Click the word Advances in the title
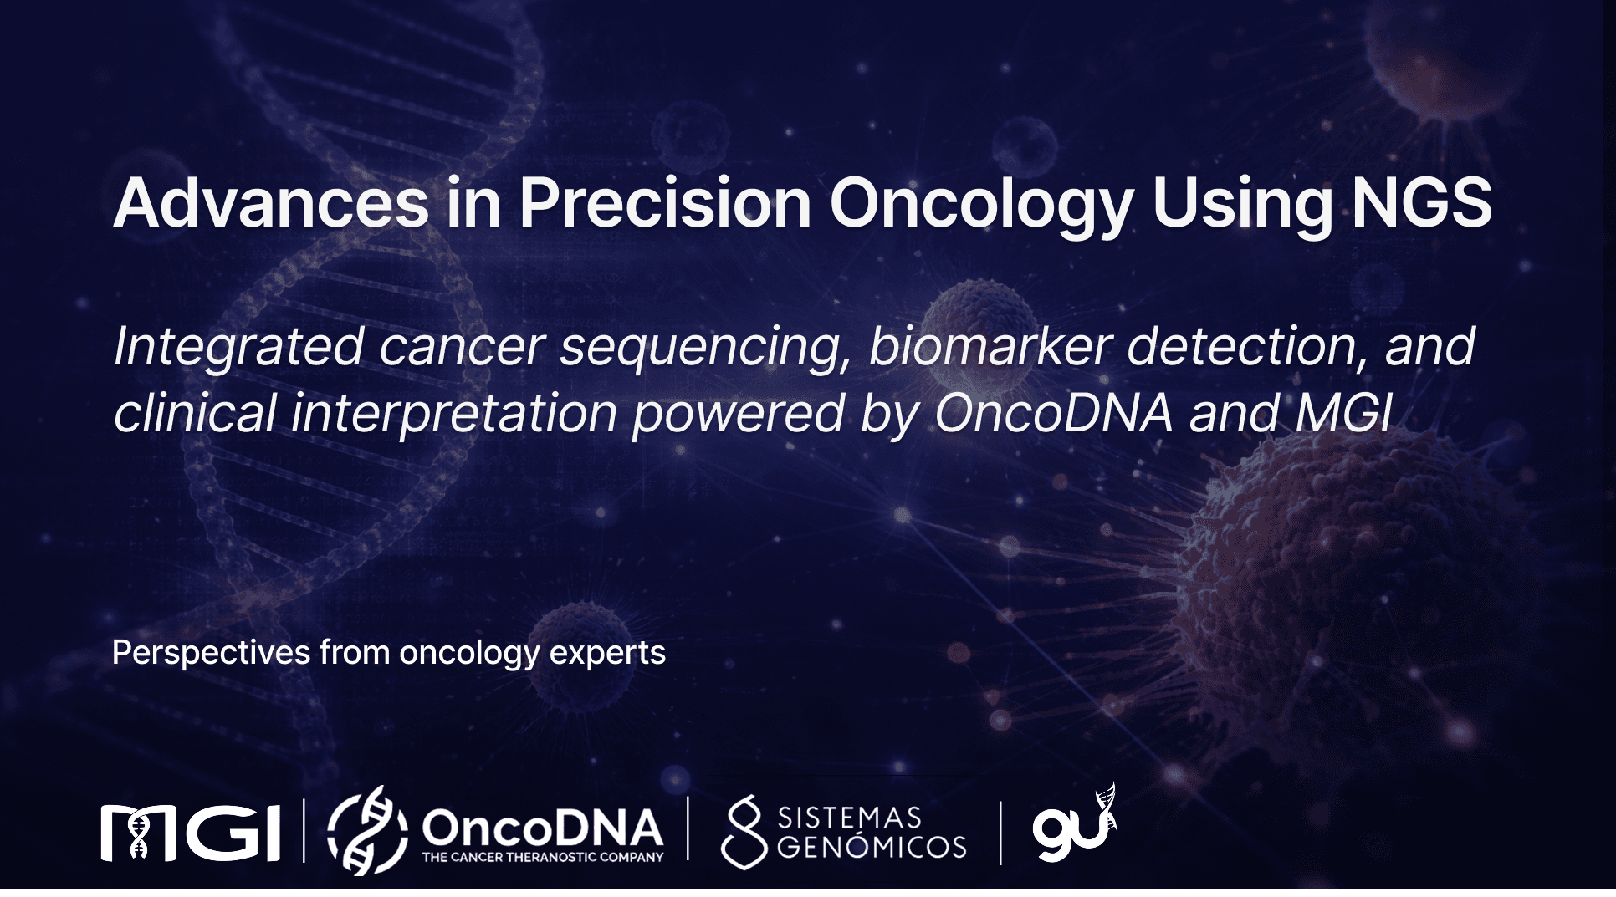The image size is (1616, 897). point(272,202)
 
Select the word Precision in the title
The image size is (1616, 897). point(666,202)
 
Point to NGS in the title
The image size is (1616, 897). point(1422,202)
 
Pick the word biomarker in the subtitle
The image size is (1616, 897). point(990,346)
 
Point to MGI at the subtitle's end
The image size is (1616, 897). point(1345,413)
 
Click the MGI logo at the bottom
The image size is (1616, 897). point(191,832)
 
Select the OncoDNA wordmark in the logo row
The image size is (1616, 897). point(543,828)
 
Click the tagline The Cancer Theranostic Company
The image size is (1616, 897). point(543,857)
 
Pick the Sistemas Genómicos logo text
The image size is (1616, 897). point(872,833)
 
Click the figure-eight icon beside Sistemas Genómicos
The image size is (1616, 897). point(744,833)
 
